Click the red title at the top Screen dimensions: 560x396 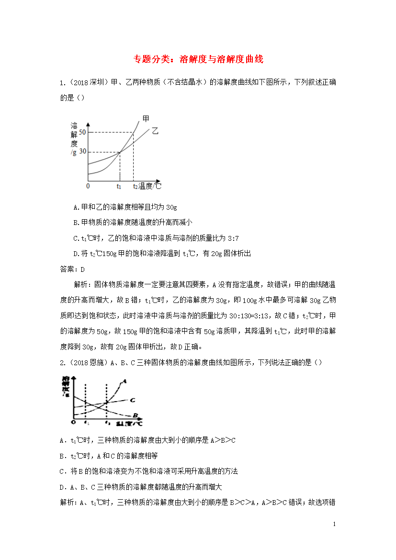(x=198, y=59)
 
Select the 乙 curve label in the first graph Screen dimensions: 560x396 (x=154, y=130)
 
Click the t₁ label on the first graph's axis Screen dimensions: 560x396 (x=119, y=186)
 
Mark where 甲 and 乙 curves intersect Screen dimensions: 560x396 (x=120, y=152)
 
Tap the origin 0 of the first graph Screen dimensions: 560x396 (x=88, y=186)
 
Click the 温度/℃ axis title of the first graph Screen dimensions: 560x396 (x=149, y=186)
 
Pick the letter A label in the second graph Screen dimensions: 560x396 (x=124, y=381)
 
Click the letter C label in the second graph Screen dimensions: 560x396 (x=132, y=399)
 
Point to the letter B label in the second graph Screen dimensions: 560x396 (x=136, y=415)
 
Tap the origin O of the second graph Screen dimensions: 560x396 (x=73, y=422)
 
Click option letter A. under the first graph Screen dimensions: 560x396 (x=76, y=207)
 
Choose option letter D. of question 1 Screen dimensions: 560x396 (x=76, y=254)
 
